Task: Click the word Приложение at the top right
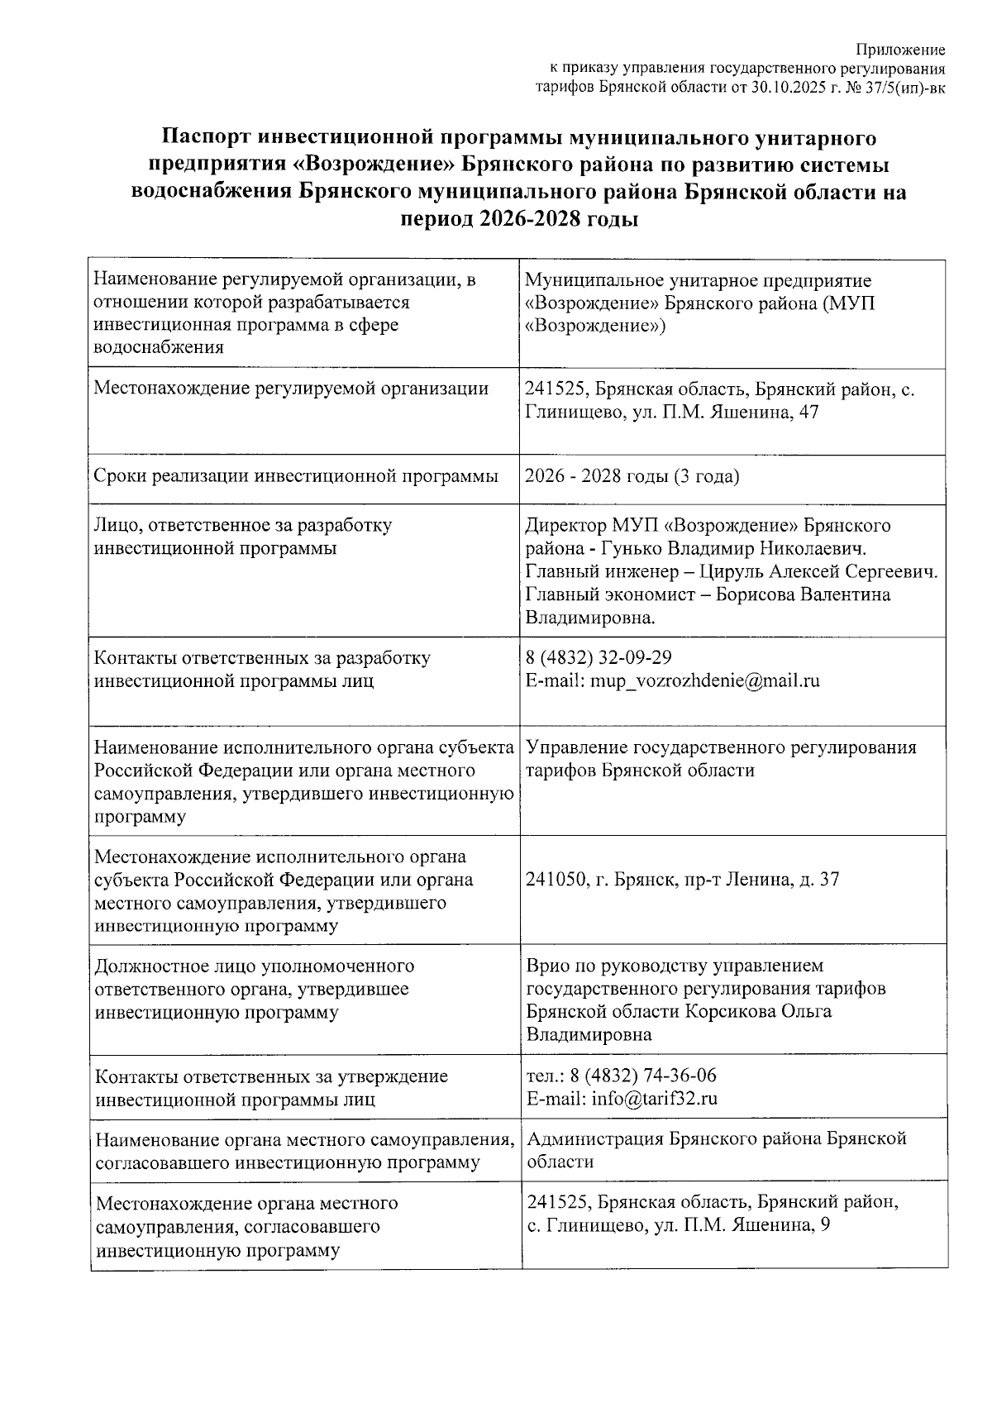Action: coord(900,51)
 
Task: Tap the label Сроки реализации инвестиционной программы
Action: coord(297,476)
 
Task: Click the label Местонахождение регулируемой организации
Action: coord(291,389)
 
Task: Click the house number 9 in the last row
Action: coord(825,1225)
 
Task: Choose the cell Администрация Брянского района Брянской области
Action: coord(716,1150)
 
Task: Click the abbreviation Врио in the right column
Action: coord(546,966)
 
